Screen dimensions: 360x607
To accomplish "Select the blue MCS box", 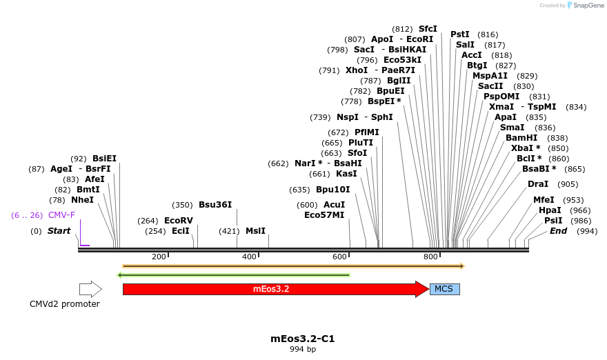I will [444, 289].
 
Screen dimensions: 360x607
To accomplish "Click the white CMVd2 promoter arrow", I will [90, 289].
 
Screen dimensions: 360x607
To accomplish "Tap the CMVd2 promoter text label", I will [65, 304].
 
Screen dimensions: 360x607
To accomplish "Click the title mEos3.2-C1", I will [303, 339].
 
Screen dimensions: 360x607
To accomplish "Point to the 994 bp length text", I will [303, 349].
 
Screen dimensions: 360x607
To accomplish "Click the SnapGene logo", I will [585, 6].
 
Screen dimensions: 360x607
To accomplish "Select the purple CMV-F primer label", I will [61, 215].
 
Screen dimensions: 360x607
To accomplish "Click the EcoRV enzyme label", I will [178, 221].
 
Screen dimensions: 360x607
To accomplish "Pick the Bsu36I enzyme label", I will [215, 205].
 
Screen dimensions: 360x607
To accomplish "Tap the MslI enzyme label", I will [255, 231].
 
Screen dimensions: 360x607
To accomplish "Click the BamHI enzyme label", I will [521, 138].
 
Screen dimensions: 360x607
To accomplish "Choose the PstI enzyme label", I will [460, 34].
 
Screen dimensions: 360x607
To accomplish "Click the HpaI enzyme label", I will [550, 210].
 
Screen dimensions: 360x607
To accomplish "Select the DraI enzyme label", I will [538, 184].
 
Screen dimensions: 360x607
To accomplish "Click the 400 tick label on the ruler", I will [248, 257].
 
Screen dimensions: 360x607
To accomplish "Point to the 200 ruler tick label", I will [159, 257].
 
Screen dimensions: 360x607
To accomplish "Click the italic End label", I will [558, 231].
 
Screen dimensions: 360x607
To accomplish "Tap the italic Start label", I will [59, 231].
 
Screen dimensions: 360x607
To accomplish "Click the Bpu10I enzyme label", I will [333, 190].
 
